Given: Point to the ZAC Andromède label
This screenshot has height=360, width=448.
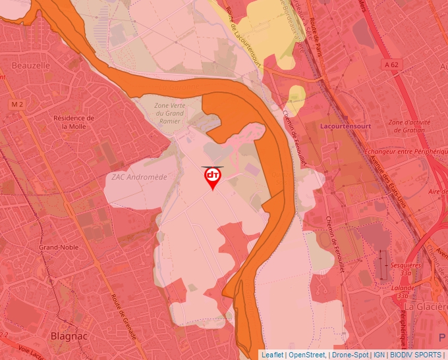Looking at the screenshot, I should pos(139,177).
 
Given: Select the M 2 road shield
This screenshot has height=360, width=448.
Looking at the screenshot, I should pos(17,105).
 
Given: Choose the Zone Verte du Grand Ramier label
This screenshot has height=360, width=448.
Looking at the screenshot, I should pos(170,113).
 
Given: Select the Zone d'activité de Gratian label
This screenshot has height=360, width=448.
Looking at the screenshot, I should pos(414,126).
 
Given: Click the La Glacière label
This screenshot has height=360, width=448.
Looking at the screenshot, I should pos(426,307).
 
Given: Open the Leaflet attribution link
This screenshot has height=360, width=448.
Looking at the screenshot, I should pos(272,355).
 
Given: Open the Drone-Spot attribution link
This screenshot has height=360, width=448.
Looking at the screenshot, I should pos(350,355).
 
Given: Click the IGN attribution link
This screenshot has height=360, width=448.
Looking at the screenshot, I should pos(379,355).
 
